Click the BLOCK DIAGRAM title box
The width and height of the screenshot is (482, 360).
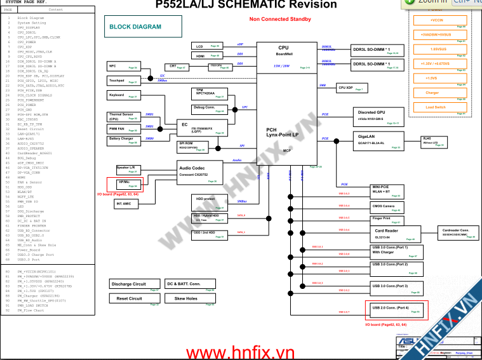[x=135, y=27]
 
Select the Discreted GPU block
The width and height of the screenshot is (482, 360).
[x=380, y=116]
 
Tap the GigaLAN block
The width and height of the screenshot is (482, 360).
[x=380, y=140]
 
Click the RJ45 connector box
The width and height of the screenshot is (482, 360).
[x=435, y=141]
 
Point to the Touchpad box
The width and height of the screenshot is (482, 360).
[x=123, y=81]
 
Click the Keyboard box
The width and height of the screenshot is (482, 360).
[x=123, y=95]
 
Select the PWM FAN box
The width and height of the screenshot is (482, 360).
[x=123, y=128]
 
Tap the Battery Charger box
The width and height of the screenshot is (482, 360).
[x=123, y=139]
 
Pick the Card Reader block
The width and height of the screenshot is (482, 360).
[x=394, y=233]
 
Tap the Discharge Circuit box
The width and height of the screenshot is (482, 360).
[x=135, y=284]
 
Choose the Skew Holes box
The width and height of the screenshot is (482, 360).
[x=191, y=298]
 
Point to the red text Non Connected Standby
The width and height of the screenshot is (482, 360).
[x=280, y=19]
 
